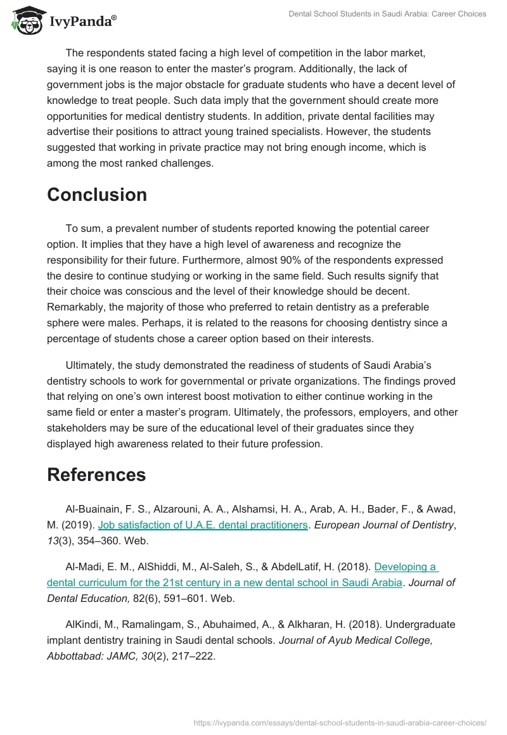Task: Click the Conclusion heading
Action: tap(96, 195)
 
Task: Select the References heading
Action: tap(96, 475)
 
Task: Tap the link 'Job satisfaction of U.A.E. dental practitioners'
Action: tap(203, 525)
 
